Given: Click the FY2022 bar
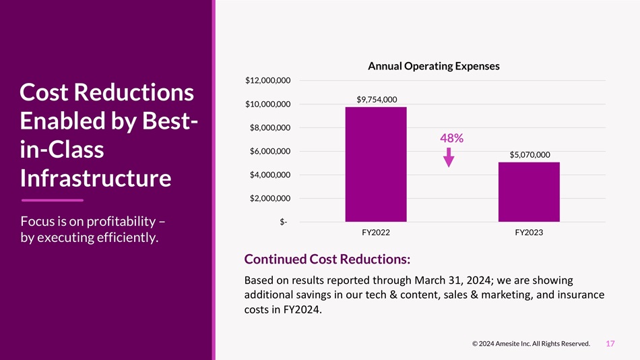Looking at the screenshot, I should (x=375, y=164).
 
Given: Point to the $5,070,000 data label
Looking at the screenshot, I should (x=530, y=155).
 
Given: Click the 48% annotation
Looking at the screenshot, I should (x=451, y=138).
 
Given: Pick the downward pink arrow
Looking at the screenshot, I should (x=449, y=157).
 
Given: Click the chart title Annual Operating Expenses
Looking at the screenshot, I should (x=434, y=66).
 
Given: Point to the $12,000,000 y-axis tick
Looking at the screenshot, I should (x=267, y=81).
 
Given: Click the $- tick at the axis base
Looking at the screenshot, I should (x=284, y=222).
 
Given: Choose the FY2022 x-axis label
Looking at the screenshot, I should (x=376, y=233).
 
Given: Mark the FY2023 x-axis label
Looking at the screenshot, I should (x=529, y=233).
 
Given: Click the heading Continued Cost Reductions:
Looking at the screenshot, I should (x=327, y=260).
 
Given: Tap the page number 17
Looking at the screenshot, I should (x=610, y=344).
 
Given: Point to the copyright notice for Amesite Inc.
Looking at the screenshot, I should (x=531, y=344).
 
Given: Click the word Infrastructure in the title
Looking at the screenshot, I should (x=96, y=179).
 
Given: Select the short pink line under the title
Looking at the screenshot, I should (x=53, y=200).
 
